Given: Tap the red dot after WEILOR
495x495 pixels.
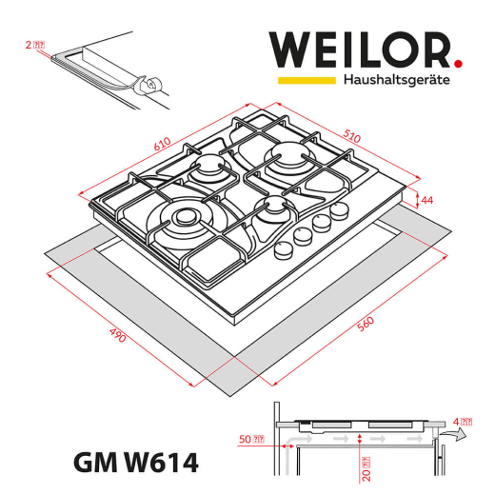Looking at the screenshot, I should coord(457,64).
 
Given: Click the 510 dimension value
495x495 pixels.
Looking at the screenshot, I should coord(351,137).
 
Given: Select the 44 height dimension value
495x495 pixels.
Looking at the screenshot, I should coord(426,200).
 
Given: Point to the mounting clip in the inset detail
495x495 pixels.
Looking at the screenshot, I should coord(148,86).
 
